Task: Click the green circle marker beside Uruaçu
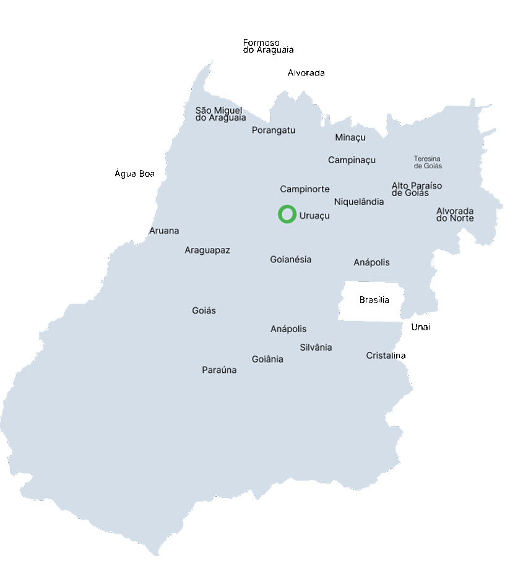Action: (x=287, y=214)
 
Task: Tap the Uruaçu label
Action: (x=314, y=216)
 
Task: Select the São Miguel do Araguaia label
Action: (x=220, y=114)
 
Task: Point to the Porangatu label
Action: (x=273, y=130)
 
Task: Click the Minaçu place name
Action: (x=350, y=137)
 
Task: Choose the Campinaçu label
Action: (x=352, y=160)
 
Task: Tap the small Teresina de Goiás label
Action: (x=428, y=162)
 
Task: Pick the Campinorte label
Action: (x=305, y=189)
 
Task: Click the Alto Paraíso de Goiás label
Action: (x=417, y=189)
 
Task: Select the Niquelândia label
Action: (x=358, y=202)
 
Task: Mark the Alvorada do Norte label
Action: (x=455, y=214)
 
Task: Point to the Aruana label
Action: (x=164, y=231)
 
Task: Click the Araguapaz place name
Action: (x=207, y=250)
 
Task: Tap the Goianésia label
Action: (x=291, y=260)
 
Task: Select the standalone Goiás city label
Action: (x=204, y=310)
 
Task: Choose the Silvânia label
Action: (x=316, y=348)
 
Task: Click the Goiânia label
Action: (x=267, y=359)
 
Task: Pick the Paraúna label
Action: (x=219, y=370)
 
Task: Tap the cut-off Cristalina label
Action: (x=381, y=356)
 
